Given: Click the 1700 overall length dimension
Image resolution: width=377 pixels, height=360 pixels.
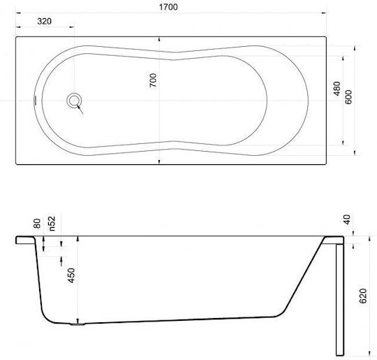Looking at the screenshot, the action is (168, 7).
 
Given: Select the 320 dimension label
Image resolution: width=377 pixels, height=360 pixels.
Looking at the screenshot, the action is (45, 21).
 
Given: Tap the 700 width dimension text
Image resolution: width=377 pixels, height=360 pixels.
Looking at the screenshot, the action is (153, 80).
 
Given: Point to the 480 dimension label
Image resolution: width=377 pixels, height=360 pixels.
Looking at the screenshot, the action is (337, 89).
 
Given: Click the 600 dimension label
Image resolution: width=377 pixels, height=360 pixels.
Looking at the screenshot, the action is (348, 97).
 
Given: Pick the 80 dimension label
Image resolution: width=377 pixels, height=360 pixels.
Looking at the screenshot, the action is (37, 224).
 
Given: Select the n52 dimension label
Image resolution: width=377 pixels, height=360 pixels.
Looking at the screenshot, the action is (52, 224).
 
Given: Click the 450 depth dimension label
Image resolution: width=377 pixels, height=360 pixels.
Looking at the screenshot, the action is (71, 275).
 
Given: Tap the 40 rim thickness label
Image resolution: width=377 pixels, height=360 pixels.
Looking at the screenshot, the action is (347, 219).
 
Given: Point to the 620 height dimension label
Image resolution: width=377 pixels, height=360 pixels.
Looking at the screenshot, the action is (362, 296).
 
